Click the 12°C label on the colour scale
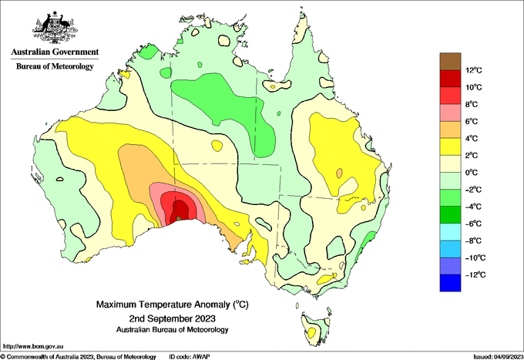[x=474, y=70]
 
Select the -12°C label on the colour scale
[x=475, y=274]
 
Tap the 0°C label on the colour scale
[x=472, y=173]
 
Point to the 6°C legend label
[x=472, y=121]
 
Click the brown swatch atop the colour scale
[x=450, y=62]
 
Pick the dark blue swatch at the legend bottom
[x=450, y=283]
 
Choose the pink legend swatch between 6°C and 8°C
[x=450, y=113]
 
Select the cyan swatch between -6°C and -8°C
[x=450, y=232]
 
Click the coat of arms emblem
[x=55, y=28]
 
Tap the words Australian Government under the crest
[x=55, y=52]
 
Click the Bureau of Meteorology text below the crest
[x=55, y=66]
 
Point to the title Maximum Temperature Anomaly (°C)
[x=173, y=304]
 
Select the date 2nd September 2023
[x=173, y=318]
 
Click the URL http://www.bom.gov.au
[x=32, y=346]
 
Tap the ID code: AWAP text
[x=190, y=357]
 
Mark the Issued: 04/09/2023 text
[x=498, y=357]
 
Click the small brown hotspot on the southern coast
[x=178, y=218]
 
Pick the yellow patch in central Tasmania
[x=311, y=332]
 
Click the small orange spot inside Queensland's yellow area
[x=340, y=173]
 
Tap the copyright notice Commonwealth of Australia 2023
[x=78, y=357]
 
